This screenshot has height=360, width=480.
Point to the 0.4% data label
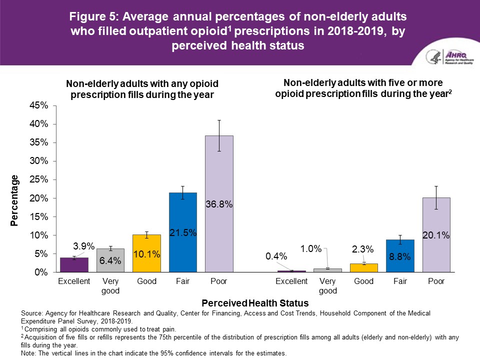coord(277,256)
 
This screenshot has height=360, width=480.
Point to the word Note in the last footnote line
coord(29,353)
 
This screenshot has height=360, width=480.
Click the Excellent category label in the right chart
coord(292,281)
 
